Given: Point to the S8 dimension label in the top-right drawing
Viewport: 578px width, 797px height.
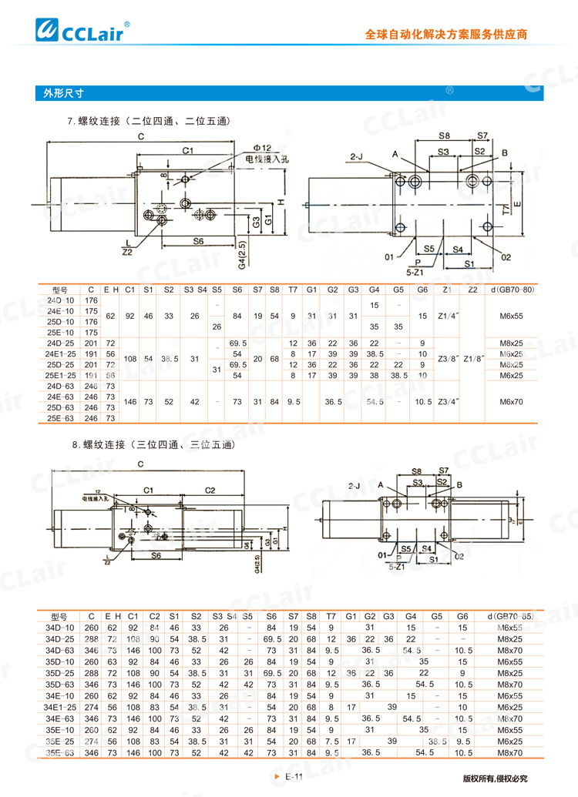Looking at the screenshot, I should click(444, 136).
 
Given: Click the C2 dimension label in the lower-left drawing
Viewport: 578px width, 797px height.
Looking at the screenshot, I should click(210, 489).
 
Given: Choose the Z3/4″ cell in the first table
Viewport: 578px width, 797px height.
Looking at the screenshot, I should click(449, 401).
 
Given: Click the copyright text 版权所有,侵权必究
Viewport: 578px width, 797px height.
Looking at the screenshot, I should click(494, 779).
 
